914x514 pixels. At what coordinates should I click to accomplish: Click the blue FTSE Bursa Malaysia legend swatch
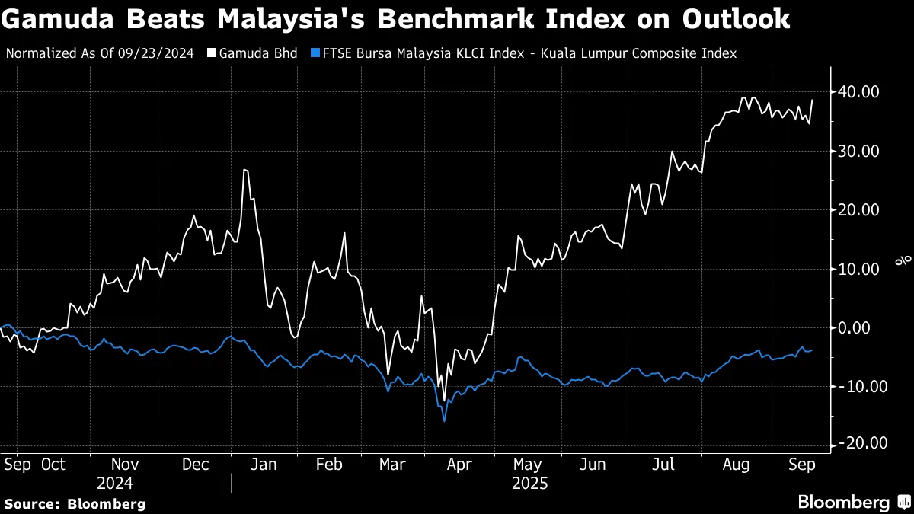pyautogui.click(x=315, y=53)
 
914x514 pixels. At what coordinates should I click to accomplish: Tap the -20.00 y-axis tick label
pyautogui.click(x=858, y=444)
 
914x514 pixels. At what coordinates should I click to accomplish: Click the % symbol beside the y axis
pyautogui.click(x=903, y=260)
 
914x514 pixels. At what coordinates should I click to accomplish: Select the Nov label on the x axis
pyautogui.click(x=125, y=464)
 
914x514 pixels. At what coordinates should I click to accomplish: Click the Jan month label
pyautogui.click(x=263, y=464)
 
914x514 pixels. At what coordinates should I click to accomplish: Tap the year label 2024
pyautogui.click(x=115, y=484)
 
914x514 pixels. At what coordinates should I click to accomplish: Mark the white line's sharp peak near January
pyautogui.click(x=244, y=169)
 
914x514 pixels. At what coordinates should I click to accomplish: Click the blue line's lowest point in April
pyautogui.click(x=444, y=421)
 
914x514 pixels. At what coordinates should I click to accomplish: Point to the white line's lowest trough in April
pyautogui.click(x=443, y=401)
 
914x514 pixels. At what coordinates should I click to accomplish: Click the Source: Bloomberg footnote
pyautogui.click(x=75, y=503)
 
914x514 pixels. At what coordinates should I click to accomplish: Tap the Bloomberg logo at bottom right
pyautogui.click(x=853, y=503)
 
